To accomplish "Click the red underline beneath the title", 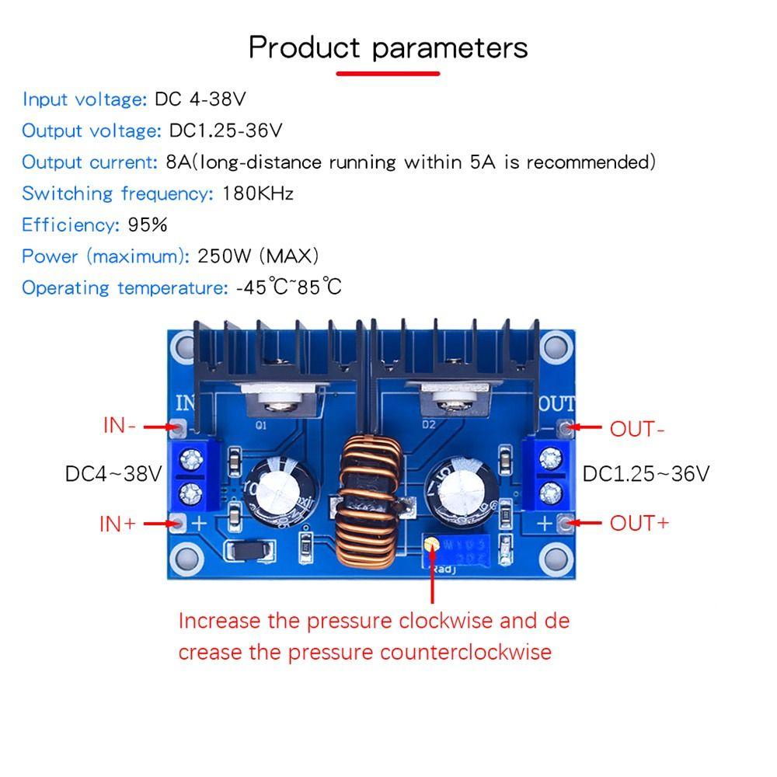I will coord(388,74).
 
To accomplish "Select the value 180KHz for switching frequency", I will coord(258,193).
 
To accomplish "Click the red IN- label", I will coord(120,427).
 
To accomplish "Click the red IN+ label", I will coord(117,524).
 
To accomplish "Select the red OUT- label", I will coord(637,429).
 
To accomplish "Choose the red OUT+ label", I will coord(639,523).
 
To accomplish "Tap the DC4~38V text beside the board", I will coord(113,474).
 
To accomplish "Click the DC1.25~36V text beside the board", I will coord(646,474).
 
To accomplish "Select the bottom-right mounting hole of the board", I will coord(556,556).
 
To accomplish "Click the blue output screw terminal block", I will coord(549,474).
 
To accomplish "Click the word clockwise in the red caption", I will coord(447,622).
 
